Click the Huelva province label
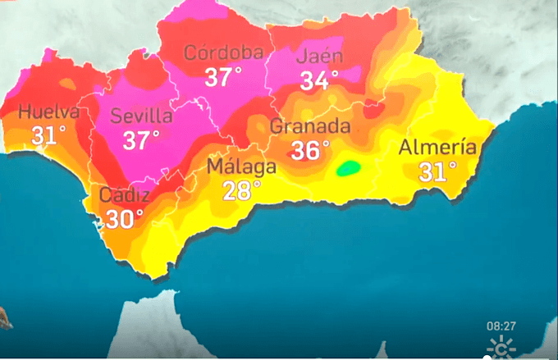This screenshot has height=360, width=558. (x=48, y=112)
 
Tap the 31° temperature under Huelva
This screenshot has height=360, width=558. (x=48, y=134)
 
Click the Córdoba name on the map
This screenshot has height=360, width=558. (x=224, y=54)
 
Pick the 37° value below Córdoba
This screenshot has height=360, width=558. (x=223, y=78)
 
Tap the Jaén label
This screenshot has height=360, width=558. (x=319, y=57)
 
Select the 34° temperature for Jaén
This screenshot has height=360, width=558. (x=319, y=80)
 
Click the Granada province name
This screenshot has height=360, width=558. (x=310, y=127)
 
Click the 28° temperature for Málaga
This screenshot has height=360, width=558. (x=241, y=189)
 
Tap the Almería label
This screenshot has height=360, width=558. (x=437, y=148)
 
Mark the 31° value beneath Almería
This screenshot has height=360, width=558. (x=437, y=171)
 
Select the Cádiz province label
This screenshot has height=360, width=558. (x=124, y=196)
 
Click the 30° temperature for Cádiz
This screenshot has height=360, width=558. (x=124, y=218)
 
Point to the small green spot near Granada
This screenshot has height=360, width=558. (x=349, y=168)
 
